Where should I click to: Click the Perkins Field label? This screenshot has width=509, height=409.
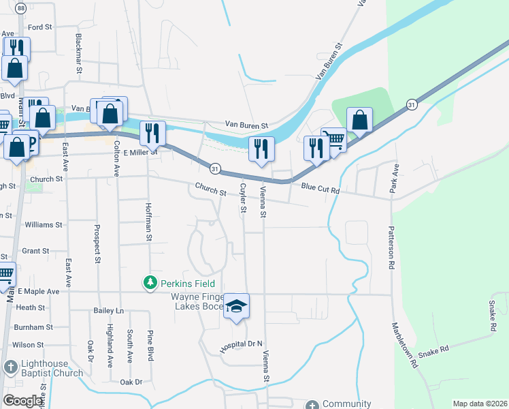point(188,283)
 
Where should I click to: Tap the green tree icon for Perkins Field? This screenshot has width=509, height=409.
point(150,282)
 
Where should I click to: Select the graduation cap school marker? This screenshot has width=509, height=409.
point(236,306)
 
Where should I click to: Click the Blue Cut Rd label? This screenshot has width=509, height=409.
point(320,186)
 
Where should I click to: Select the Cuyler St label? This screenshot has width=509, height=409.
point(242,197)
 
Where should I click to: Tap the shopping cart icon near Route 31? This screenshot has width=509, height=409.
point(333,138)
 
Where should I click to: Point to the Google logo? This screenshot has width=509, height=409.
point(22,401)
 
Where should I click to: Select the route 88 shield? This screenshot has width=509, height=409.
point(21,8)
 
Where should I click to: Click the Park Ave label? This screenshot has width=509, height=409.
point(393,178)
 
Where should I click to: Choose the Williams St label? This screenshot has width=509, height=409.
point(43,224)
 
